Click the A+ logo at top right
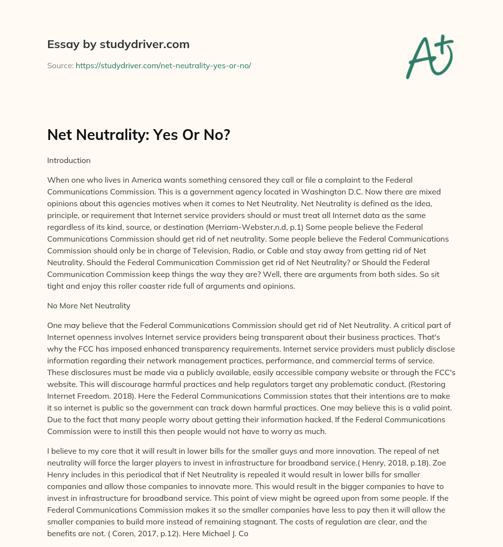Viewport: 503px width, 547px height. tap(430, 56)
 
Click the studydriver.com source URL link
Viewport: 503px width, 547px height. tap(163, 65)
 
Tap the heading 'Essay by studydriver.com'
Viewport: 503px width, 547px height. tap(118, 44)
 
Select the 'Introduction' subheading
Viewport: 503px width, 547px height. tap(69, 160)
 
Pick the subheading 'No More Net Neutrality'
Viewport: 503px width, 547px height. tap(88, 305)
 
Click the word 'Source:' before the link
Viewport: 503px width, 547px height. tap(60, 65)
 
